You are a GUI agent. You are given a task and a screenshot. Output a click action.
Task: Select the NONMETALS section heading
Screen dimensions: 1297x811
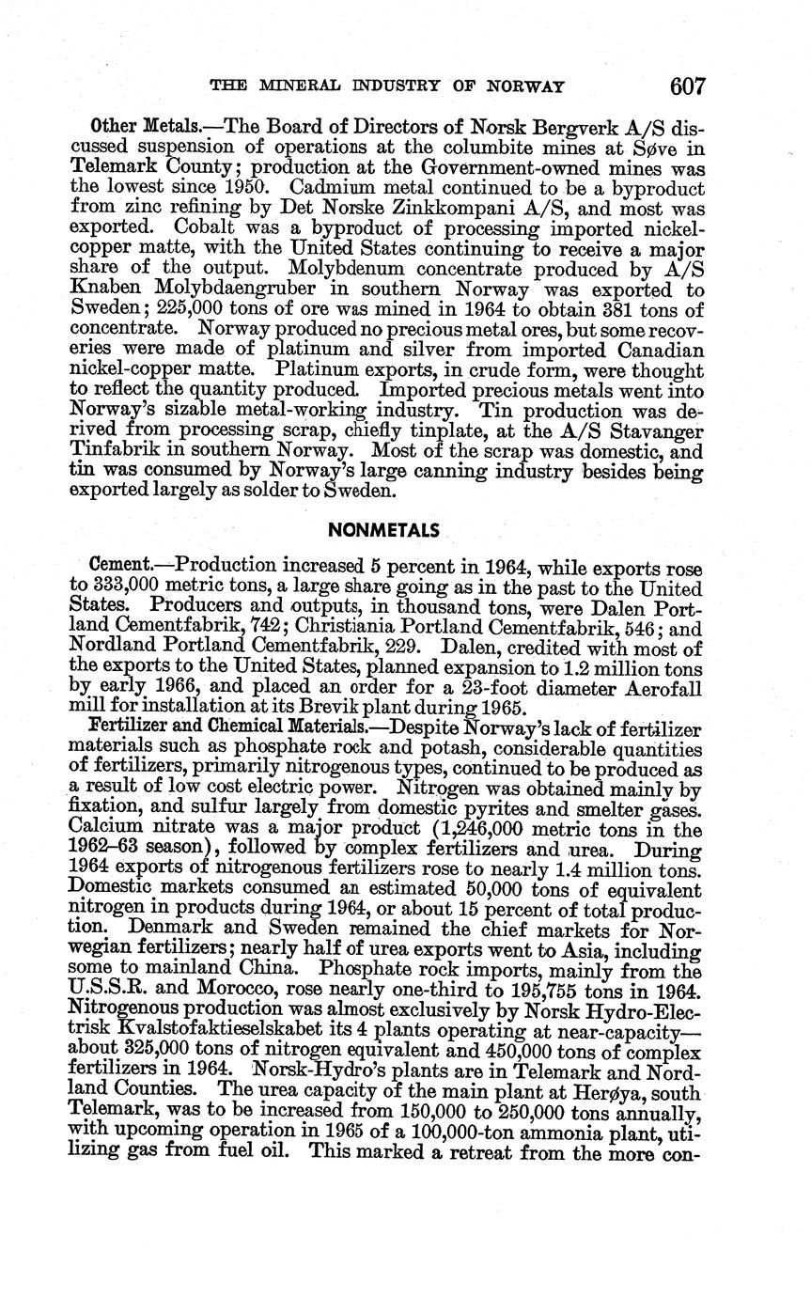tap(384, 530)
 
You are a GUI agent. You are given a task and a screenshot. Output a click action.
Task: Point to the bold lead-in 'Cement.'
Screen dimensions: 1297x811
tap(119, 565)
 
